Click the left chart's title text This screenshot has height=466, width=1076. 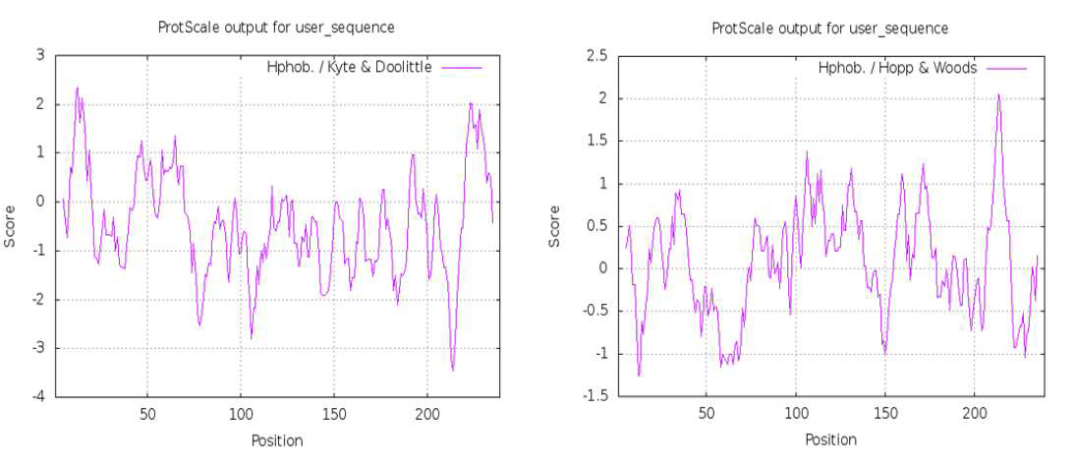tap(276, 28)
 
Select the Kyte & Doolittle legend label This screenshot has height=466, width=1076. tap(349, 67)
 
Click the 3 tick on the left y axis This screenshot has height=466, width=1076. tap(42, 56)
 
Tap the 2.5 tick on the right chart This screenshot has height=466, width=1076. tap(591, 56)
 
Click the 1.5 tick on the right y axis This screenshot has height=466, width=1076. tap(591, 141)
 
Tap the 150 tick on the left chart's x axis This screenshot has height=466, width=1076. tap(333, 415)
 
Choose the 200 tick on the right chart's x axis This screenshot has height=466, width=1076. tap(975, 415)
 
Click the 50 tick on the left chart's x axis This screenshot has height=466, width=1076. tap(147, 415)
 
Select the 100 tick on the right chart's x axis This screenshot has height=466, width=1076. tap(795, 415)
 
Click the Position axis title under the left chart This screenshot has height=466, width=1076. tap(276, 439)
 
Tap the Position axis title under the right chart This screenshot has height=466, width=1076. tap(830, 439)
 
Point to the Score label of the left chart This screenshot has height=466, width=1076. tap(10, 227)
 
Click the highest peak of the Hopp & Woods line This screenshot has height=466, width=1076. tap(998, 94)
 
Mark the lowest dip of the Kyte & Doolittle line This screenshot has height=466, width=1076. tap(453, 371)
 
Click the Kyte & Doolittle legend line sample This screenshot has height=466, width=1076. tap(462, 67)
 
